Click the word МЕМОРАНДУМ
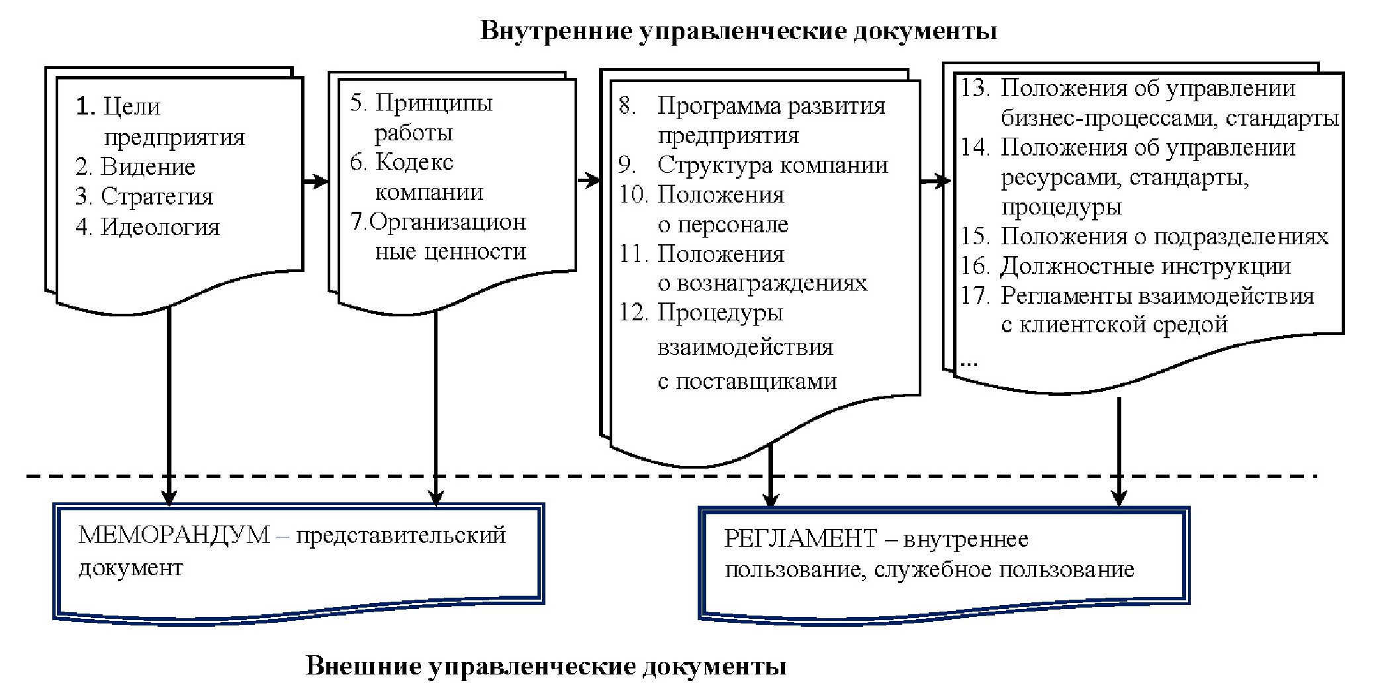[174, 535]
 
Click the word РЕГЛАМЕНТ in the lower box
[800, 539]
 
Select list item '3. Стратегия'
[144, 197]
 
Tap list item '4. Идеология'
[147, 227]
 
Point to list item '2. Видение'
[135, 167]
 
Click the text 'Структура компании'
[772, 165]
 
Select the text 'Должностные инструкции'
[1145, 266]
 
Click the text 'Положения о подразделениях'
[1164, 236]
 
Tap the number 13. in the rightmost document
[975, 88]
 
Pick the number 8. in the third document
[627, 106]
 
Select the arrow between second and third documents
[588, 180]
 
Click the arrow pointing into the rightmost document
[935, 181]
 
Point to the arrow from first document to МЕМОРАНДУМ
[169, 404]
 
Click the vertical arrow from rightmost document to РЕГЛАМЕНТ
[1119, 450]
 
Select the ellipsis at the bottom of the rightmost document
[968, 363]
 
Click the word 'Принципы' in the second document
[434, 103]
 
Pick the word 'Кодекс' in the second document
[414, 162]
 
